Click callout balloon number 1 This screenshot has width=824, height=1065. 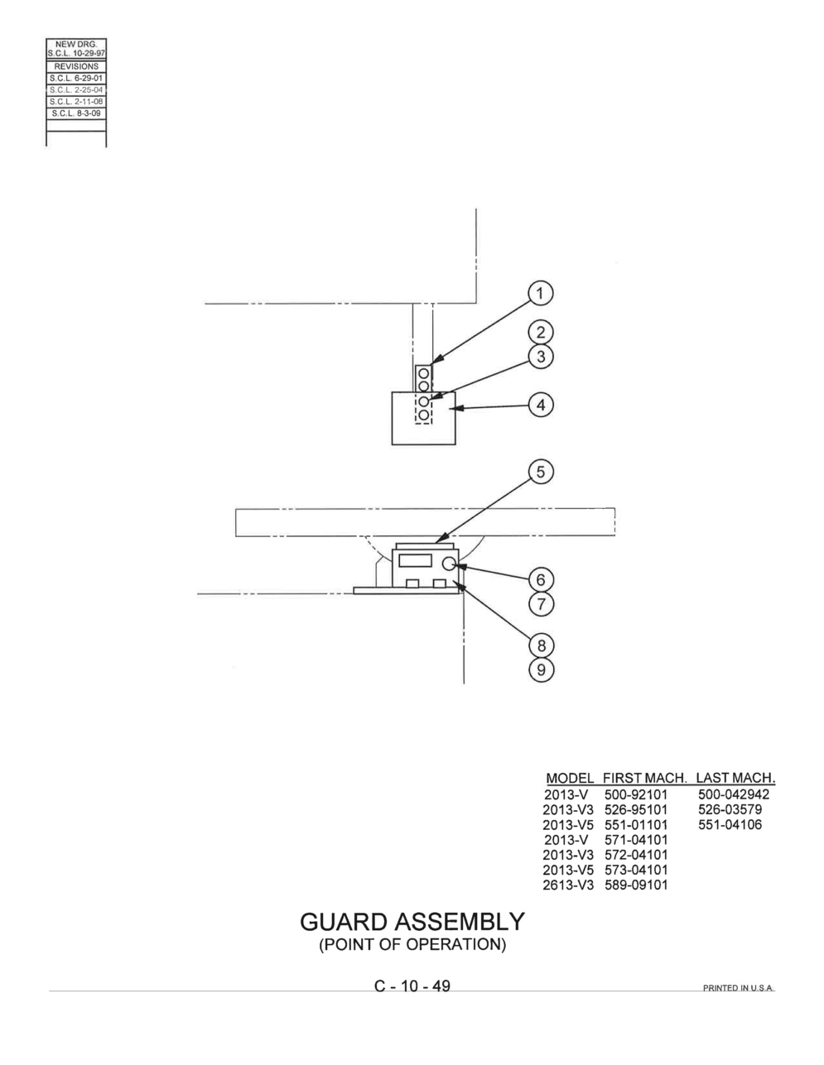540,294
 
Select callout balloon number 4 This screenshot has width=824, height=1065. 541,405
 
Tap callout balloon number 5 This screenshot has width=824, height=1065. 541,472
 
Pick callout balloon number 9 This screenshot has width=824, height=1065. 541,669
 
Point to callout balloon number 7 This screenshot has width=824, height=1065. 541,603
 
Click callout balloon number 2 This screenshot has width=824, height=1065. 541,333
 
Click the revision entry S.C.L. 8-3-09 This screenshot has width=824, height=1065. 76,113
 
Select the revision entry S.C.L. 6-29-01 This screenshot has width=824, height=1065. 76,78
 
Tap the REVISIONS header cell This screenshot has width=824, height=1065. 76,66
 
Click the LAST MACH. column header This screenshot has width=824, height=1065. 735,778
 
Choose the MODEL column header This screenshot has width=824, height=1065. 570,779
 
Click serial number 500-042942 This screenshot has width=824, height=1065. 734,794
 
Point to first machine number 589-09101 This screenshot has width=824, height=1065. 636,885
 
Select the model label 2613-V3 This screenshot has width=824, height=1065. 568,885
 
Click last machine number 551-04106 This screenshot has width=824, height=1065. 730,824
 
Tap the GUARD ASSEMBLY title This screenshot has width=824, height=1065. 412,922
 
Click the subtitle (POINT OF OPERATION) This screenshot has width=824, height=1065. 412,944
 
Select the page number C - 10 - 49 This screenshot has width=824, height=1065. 412,986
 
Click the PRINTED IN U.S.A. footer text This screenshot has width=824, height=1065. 739,988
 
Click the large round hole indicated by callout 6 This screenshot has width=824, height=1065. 450,564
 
